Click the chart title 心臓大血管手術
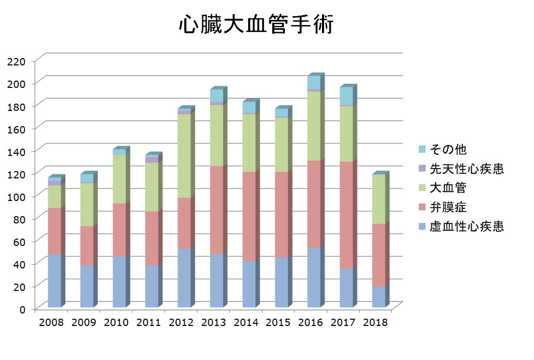pos(255,25)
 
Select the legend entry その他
pos(448,150)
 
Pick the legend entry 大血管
pos(448,188)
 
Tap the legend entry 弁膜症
pos(448,207)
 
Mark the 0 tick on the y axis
pos(23,309)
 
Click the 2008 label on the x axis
pos(51,322)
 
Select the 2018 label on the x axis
pos(375,322)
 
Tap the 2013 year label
pos(213,322)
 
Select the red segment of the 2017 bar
pos(346,215)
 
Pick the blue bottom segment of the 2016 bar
pos(314,277)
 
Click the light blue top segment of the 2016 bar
pos(314,83)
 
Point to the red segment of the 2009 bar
pos(86,246)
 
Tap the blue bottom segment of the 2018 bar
pos(379,297)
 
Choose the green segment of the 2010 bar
pos(119,179)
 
